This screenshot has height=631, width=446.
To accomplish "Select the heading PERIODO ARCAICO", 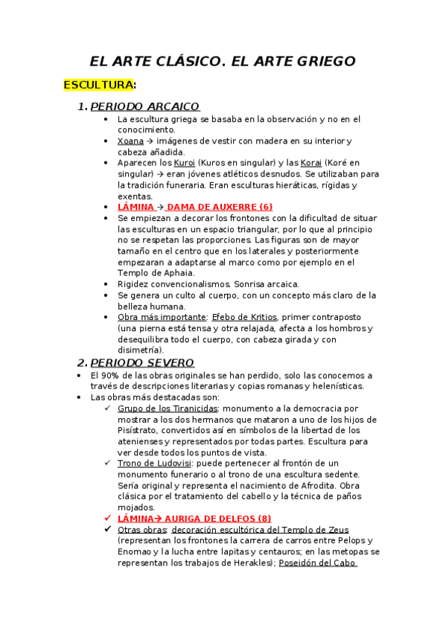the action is click(144, 106).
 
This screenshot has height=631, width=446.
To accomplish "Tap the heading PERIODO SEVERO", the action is click(141, 362).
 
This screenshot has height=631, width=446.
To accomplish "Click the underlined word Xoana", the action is click(130, 141).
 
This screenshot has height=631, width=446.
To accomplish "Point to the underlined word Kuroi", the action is click(184, 162).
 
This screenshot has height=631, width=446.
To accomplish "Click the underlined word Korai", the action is click(311, 162).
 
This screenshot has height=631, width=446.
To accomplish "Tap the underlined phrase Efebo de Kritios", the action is click(240, 316).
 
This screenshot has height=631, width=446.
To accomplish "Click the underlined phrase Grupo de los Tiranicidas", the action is click(168, 408).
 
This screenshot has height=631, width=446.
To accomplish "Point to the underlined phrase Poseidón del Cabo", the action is click(318, 563).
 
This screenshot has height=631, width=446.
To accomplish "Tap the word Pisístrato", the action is click(141, 430).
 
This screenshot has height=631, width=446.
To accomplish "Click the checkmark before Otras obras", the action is click(109, 529).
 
